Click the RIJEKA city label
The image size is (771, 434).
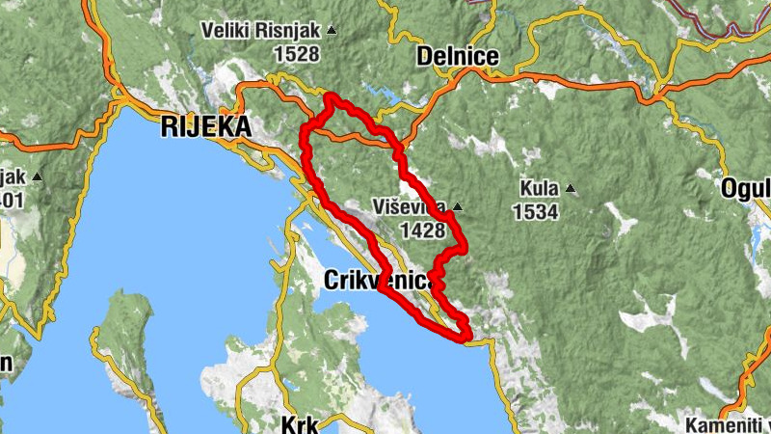coord(205,126)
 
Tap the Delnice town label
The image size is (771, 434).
coord(458,58)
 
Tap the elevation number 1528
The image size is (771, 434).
coord(296,54)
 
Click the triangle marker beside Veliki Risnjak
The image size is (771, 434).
coord(332,31)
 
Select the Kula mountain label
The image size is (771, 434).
coord(538,188)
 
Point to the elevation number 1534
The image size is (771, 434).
coord(536,211)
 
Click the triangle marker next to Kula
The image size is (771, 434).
coord(571,188)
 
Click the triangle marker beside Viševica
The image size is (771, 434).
coord(458,206)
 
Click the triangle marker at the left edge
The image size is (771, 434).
coord(37,176)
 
